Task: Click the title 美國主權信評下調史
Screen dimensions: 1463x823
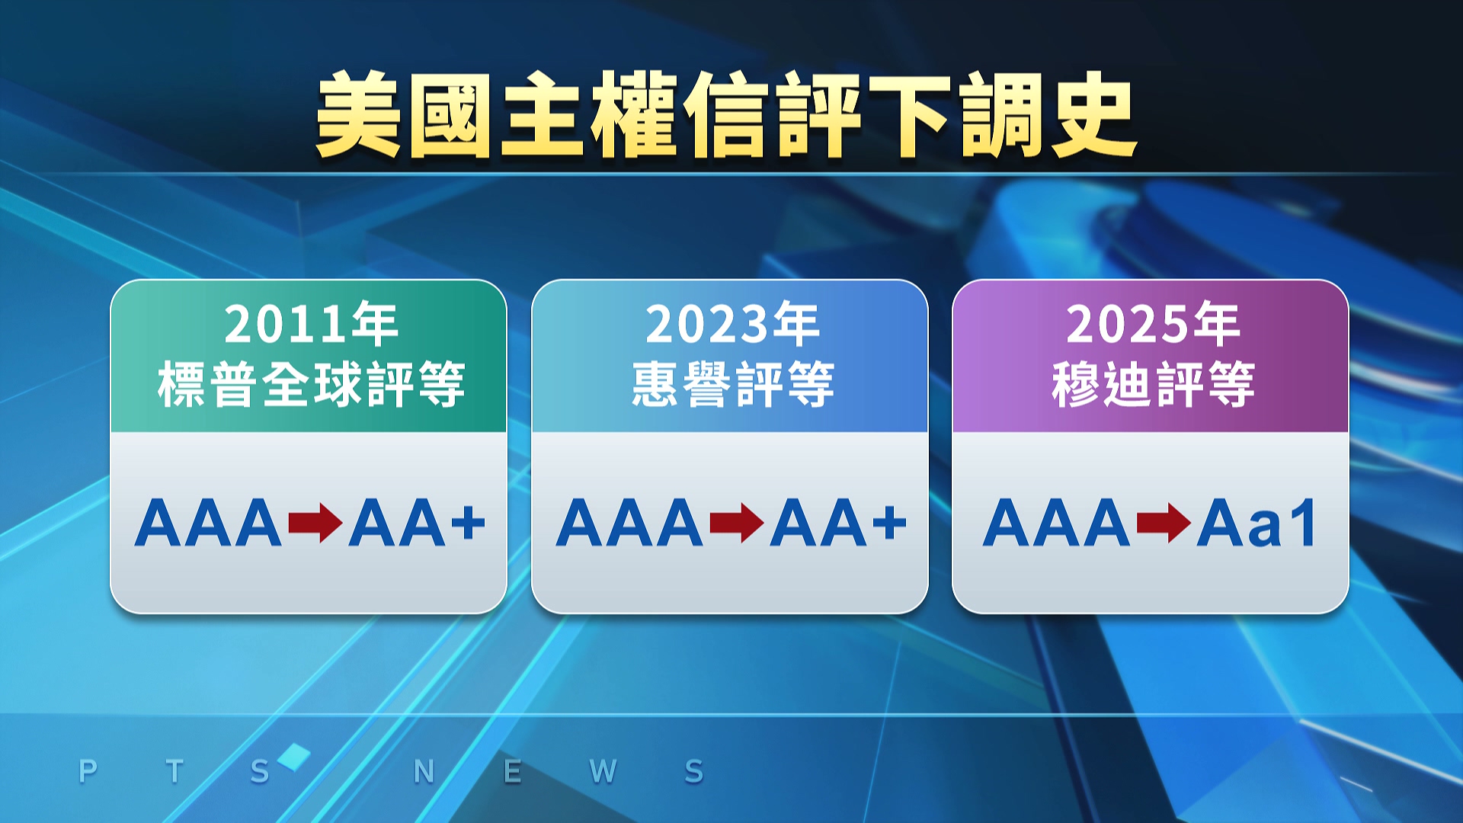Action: coord(727,115)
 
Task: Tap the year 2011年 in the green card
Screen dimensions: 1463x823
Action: coord(311,324)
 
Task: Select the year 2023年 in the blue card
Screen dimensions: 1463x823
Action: coord(732,324)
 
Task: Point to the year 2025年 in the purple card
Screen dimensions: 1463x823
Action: coord(1153,324)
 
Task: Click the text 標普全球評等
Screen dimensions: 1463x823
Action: coord(311,384)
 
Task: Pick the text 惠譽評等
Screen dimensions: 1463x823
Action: coord(732,384)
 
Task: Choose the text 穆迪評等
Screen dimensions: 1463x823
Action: coord(1153,384)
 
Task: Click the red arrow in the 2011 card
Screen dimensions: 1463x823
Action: coord(315,523)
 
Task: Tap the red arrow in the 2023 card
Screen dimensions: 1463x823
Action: coord(737,523)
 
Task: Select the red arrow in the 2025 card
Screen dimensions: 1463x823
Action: coord(1164,523)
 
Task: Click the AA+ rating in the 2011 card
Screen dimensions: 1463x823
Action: coord(417,523)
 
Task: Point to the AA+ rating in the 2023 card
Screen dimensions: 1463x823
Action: coord(838,523)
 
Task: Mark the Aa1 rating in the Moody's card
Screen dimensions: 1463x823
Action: coord(1256,523)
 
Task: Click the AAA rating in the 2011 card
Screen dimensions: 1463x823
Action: coord(208,523)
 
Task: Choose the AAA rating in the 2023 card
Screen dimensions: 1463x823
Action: coord(629,523)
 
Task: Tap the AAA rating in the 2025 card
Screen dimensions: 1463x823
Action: coord(1056,523)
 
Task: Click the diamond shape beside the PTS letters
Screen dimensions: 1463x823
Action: coord(294,757)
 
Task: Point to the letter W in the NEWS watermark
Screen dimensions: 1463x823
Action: coord(603,771)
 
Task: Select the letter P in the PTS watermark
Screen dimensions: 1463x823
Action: coord(88,771)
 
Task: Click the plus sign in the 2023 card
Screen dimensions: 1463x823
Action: coord(890,523)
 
